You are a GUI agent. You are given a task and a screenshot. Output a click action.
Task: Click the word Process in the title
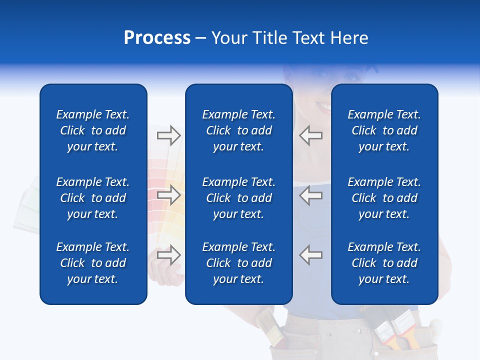[157, 38]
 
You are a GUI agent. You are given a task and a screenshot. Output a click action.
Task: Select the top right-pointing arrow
[168, 135]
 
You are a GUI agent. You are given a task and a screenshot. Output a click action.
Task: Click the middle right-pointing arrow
[168, 195]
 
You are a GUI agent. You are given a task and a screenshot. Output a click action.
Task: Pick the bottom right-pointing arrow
[168, 254]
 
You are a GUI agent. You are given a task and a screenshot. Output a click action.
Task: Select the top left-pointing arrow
[311, 135]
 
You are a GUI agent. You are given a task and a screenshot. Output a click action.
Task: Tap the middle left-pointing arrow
[311, 195]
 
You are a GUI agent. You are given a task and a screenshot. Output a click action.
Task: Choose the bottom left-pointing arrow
[311, 254]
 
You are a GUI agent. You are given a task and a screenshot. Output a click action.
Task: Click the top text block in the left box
[93, 130]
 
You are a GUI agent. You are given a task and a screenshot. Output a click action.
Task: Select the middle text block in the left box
[93, 198]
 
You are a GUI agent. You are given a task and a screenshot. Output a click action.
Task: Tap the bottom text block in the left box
[93, 263]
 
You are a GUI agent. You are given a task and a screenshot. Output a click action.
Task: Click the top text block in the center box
[238, 130]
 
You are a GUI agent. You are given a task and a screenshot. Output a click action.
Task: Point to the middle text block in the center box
[238, 198]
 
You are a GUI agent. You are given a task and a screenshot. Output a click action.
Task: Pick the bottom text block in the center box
[238, 263]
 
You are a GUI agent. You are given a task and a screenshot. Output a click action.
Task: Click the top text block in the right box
[384, 130]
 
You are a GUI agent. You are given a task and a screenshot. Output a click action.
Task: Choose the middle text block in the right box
[384, 198]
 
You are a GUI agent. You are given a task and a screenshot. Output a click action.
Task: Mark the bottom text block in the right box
[384, 263]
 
